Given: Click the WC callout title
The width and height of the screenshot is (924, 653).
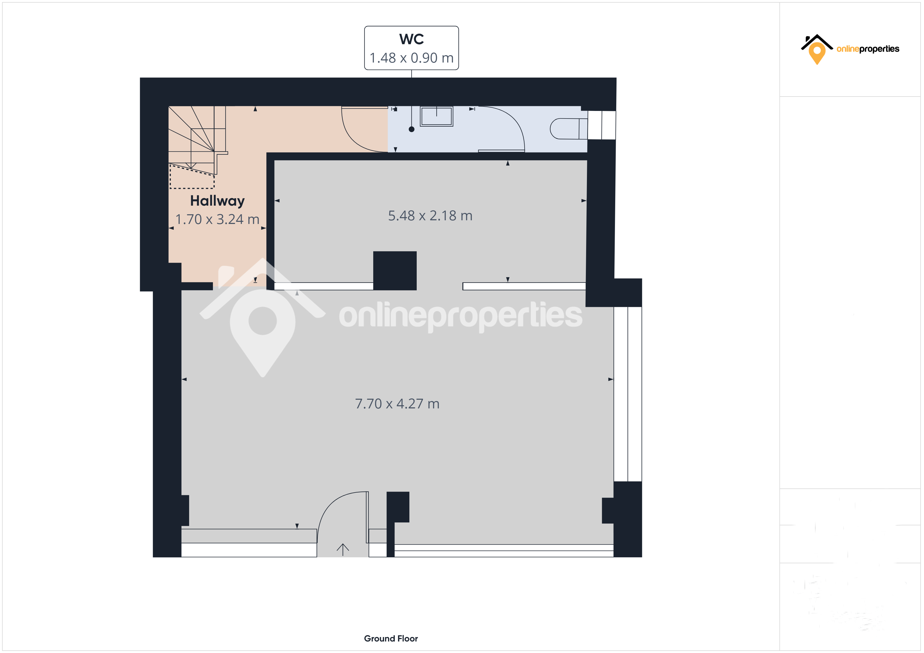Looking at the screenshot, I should click(411, 39).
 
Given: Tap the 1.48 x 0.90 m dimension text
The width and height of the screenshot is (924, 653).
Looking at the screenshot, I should click(411, 58).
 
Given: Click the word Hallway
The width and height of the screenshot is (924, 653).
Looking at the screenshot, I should click(217, 201).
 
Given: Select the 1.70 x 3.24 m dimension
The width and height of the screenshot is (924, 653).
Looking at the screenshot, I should click(217, 219).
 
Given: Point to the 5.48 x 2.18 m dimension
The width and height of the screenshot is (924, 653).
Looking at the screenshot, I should click(430, 216).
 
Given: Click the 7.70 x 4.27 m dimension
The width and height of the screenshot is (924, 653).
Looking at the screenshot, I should click(397, 404).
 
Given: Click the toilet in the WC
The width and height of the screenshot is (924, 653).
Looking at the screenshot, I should click(568, 129).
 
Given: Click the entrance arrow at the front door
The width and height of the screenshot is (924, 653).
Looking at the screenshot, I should click(343, 549).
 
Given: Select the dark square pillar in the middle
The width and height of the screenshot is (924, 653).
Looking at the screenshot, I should click(395, 271).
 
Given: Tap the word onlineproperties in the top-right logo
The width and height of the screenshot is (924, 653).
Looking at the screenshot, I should click(868, 49).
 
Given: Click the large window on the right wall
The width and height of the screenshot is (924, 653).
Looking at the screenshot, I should click(628, 394).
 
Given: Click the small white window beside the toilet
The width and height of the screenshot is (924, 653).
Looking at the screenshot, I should click(602, 125).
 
